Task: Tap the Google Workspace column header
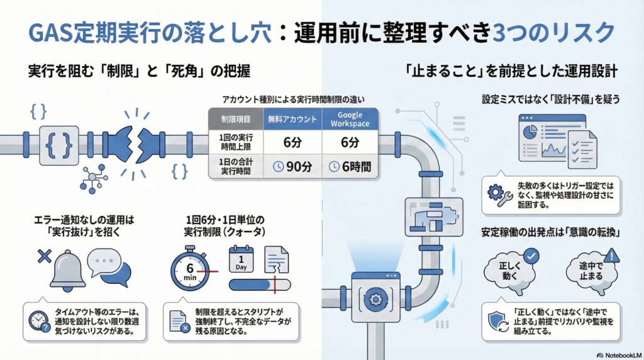[350, 120]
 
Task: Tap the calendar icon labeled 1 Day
[241, 259]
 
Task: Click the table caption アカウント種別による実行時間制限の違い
[293, 99]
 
